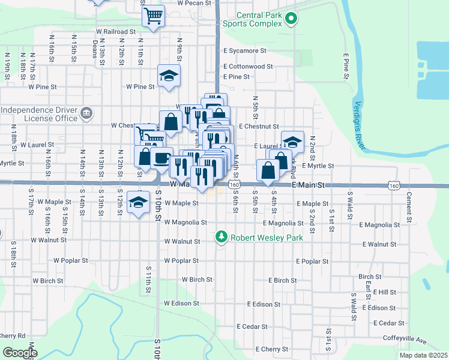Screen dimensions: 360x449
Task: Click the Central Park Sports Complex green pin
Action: point(291,19)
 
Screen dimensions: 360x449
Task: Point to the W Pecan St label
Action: point(194,3)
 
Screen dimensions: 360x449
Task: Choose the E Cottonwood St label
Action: point(248,67)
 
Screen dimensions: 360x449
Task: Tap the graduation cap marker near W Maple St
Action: point(139,202)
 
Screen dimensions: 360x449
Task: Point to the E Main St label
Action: point(308,186)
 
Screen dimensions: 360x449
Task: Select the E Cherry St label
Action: point(273,349)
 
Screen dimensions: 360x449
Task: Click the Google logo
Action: point(20,353)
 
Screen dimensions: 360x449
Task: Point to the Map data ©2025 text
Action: point(424,355)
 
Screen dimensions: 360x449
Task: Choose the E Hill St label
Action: point(384,292)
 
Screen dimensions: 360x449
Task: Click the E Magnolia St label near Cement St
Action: point(379,224)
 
